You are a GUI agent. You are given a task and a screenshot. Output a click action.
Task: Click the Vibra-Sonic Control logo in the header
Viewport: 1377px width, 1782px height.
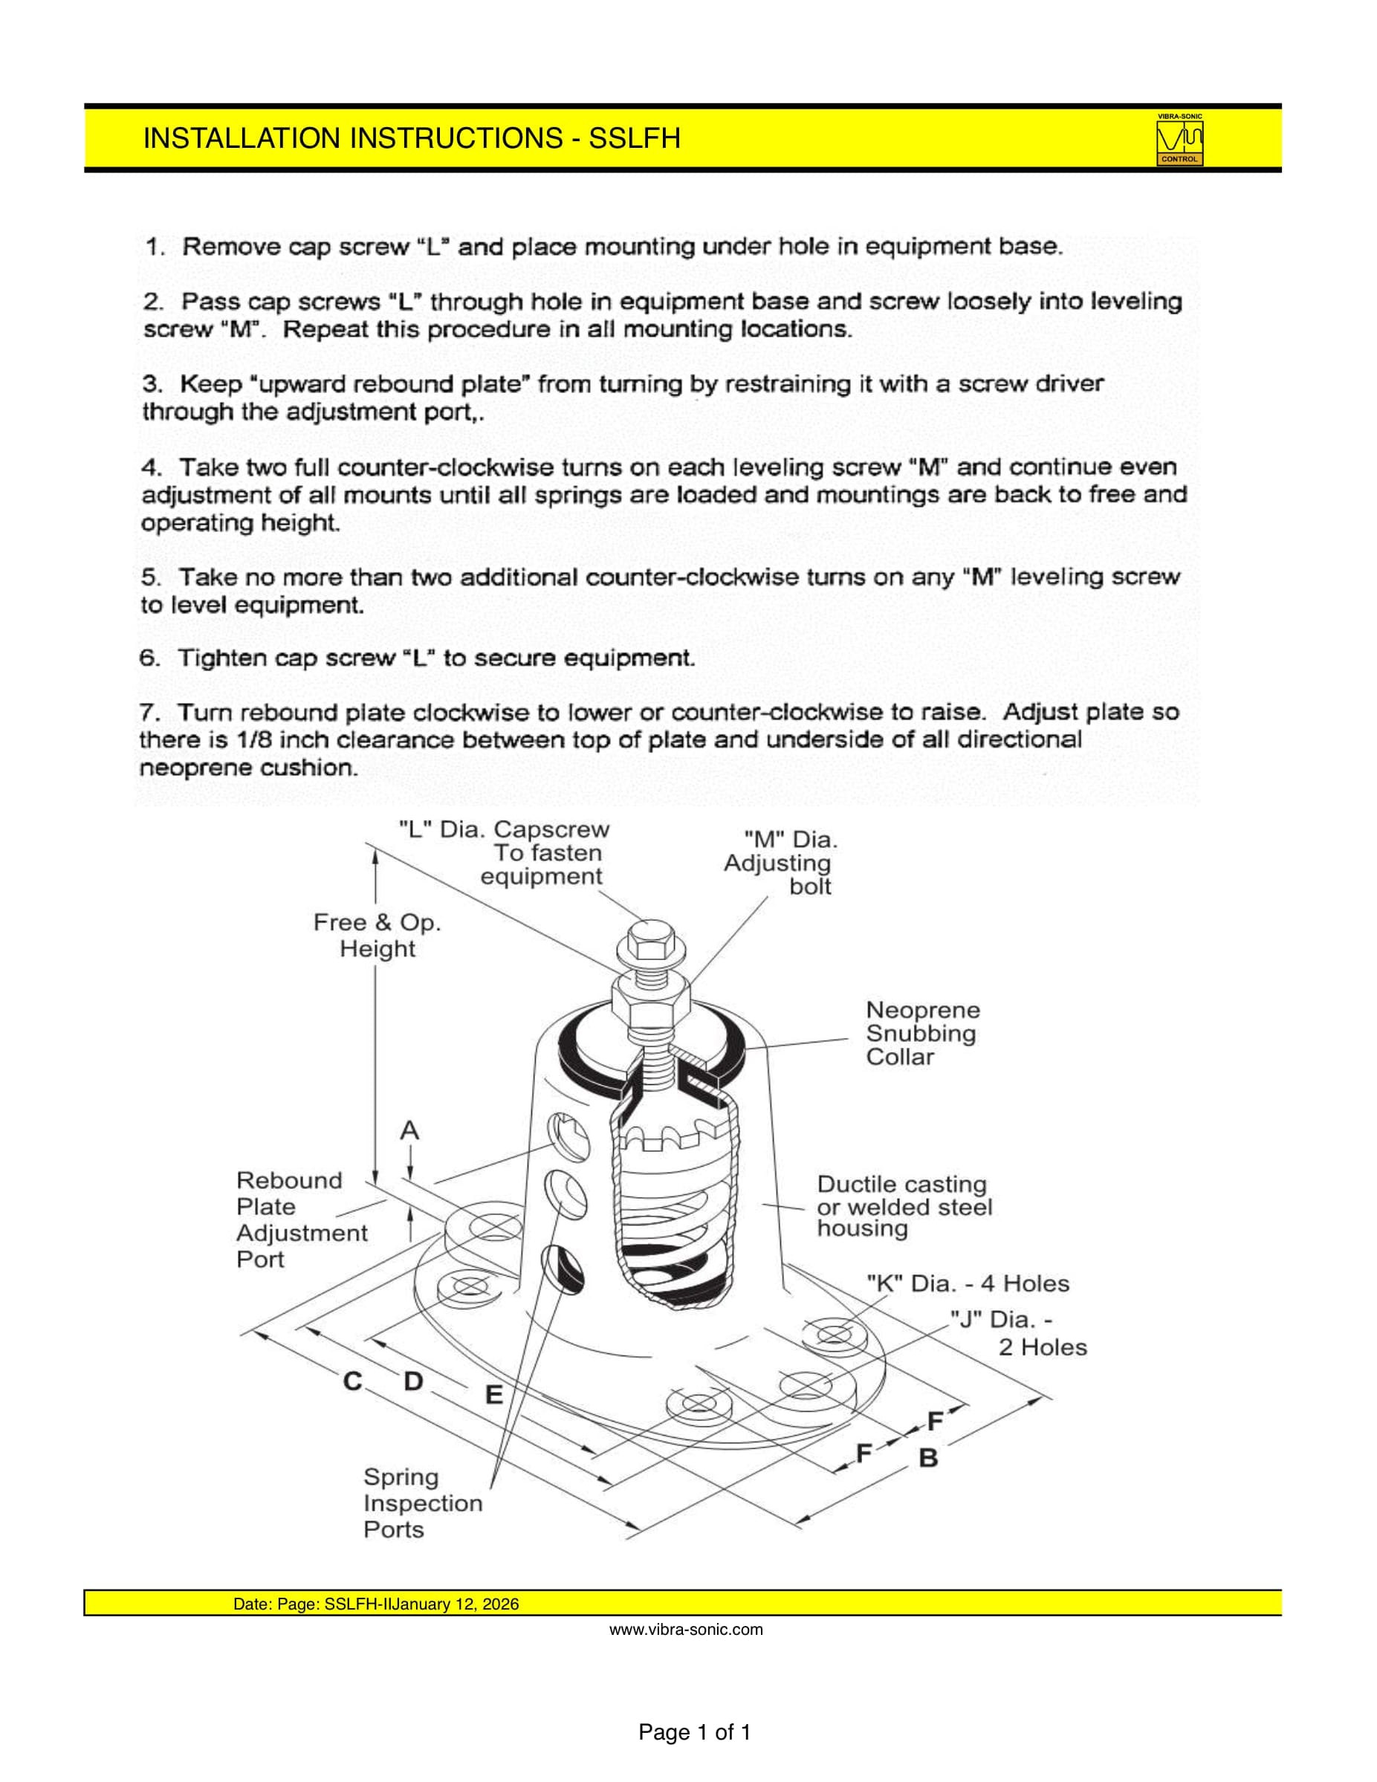(1179, 140)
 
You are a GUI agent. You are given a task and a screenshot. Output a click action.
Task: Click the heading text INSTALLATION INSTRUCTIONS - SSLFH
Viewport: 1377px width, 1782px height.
(411, 139)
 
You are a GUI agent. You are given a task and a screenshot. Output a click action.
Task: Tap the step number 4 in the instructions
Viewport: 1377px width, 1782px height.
(151, 467)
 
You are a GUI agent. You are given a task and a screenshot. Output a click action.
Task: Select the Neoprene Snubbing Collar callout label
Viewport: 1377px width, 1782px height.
(921, 1033)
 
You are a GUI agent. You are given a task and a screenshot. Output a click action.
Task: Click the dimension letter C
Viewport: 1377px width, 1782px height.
(352, 1381)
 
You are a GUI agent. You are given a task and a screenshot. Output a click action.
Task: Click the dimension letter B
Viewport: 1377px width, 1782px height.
(928, 1457)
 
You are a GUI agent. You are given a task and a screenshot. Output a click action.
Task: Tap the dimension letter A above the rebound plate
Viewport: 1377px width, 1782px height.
(409, 1131)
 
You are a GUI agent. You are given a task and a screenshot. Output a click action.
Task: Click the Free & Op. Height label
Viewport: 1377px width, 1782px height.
(377, 935)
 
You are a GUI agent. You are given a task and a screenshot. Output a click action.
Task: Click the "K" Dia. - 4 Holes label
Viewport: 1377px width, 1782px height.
(967, 1283)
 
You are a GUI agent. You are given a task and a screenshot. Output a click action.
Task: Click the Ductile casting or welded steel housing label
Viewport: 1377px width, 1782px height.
(904, 1207)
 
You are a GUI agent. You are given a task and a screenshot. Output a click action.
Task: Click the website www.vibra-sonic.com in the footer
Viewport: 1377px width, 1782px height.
(686, 1630)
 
